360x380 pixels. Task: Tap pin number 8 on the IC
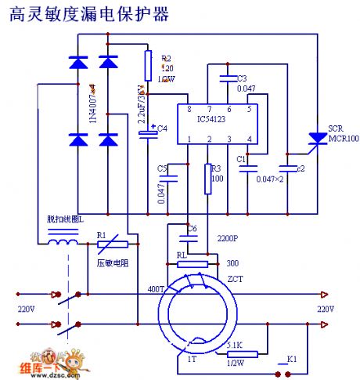pyautogui.click(x=189, y=109)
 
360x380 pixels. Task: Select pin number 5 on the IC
pyautogui.click(x=249, y=109)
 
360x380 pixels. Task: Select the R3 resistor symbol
pyautogui.click(x=208, y=179)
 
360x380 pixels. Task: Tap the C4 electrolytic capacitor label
pyautogui.click(x=162, y=128)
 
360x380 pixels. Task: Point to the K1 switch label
pyautogui.click(x=292, y=359)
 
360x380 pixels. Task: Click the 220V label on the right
pyautogui.click(x=326, y=309)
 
